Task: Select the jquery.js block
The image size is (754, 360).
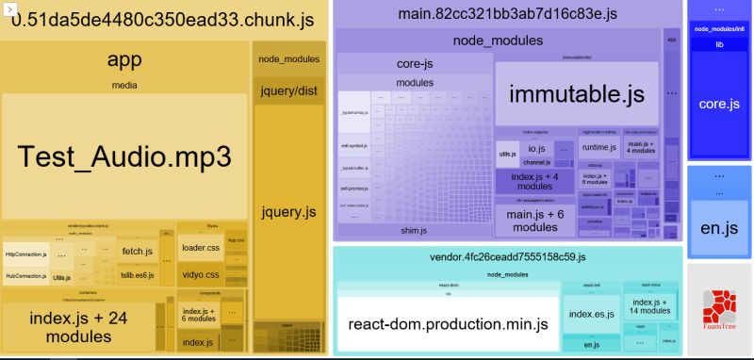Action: point(287,212)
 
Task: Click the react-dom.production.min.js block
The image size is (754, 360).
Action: point(448,324)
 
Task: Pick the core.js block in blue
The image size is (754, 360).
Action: point(718,104)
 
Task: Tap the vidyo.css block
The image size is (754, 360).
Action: point(200,274)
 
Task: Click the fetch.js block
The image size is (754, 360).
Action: point(138,251)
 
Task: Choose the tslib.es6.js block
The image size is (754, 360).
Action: point(138,276)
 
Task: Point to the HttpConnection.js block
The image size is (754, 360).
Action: point(25,254)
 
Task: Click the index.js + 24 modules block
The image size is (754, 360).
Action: point(77,325)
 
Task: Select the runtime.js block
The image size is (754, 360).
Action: point(598,148)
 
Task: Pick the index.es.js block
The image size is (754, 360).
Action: point(591,314)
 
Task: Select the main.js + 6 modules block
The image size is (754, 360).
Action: point(534,221)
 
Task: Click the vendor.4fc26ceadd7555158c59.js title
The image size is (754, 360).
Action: point(507,256)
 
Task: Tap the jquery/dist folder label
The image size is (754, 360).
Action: point(287,90)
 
